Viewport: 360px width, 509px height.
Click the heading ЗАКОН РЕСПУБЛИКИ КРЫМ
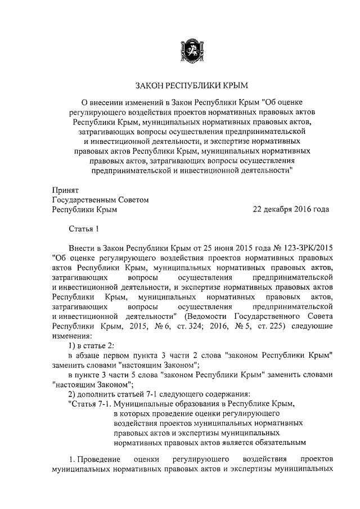pyautogui.click(x=191, y=85)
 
